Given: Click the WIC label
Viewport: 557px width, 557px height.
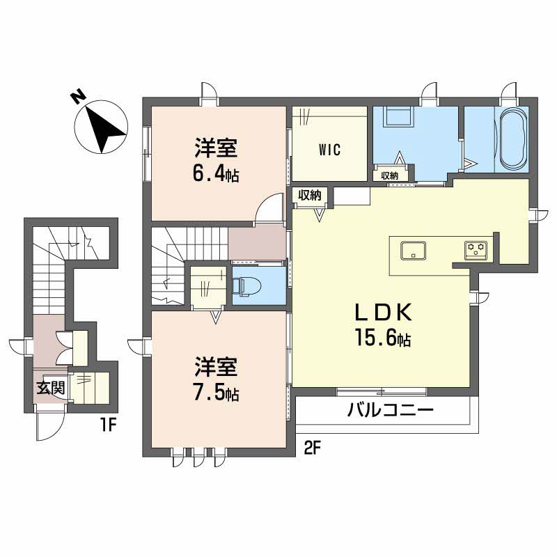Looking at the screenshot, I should pyautogui.click(x=329, y=150).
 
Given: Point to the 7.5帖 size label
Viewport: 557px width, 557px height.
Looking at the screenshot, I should pyautogui.click(x=216, y=393).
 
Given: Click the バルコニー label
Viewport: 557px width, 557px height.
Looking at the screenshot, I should pyautogui.click(x=391, y=409).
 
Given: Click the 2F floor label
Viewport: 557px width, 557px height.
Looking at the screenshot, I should pyautogui.click(x=311, y=447).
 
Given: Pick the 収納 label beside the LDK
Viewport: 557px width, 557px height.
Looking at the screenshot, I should pyautogui.click(x=310, y=196).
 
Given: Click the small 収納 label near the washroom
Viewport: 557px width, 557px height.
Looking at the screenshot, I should pyautogui.click(x=390, y=175).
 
